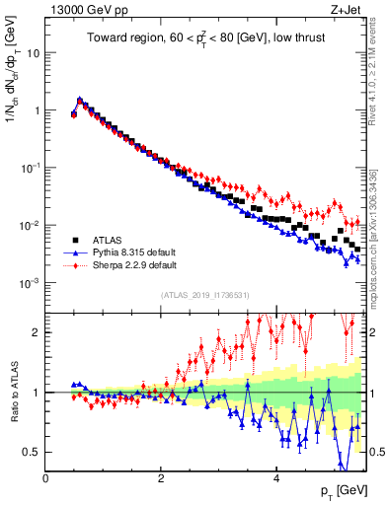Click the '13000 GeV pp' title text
click(x=87, y=12)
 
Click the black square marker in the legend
click(x=75, y=240)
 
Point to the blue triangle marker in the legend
click(x=75, y=252)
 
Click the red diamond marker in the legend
click(x=75, y=265)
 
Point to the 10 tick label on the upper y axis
click(x=33, y=52)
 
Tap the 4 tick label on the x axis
click(x=276, y=477)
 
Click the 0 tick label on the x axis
click(x=46, y=477)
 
